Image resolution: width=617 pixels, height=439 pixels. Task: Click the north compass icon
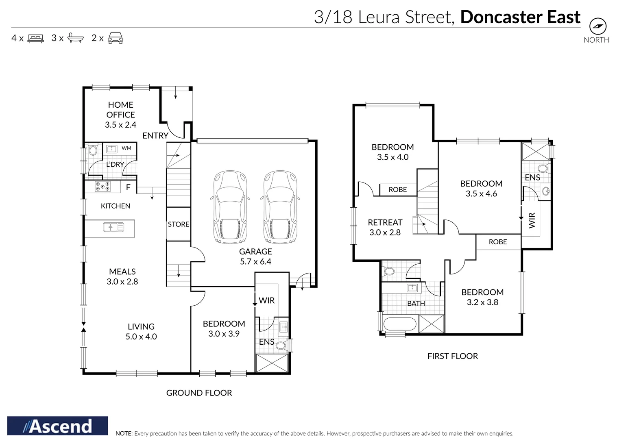597,26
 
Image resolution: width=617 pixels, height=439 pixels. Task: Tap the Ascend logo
58,426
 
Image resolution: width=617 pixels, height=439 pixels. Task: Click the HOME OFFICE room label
120,110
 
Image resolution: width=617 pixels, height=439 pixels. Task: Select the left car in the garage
230,207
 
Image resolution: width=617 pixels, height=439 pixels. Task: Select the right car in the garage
280,207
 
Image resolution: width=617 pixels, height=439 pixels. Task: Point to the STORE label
179,224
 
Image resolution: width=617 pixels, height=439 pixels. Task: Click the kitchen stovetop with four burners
102,187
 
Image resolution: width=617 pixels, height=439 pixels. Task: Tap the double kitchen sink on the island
113,227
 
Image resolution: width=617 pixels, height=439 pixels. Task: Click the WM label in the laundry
126,148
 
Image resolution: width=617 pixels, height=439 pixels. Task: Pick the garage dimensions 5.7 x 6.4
255,262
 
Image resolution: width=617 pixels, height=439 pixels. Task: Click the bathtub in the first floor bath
400,324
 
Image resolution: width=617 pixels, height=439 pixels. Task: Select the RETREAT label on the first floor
385,222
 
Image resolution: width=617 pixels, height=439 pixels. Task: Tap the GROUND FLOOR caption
199,393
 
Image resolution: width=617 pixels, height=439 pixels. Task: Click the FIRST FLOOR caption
452,356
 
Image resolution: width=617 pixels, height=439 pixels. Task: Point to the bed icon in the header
35,39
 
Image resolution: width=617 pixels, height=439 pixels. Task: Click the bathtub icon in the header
75,38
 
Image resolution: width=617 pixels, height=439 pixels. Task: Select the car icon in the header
116,38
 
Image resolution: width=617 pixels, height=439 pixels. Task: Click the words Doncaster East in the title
520,17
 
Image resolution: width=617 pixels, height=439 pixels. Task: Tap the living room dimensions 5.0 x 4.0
141,337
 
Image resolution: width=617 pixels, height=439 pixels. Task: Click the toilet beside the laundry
93,150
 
